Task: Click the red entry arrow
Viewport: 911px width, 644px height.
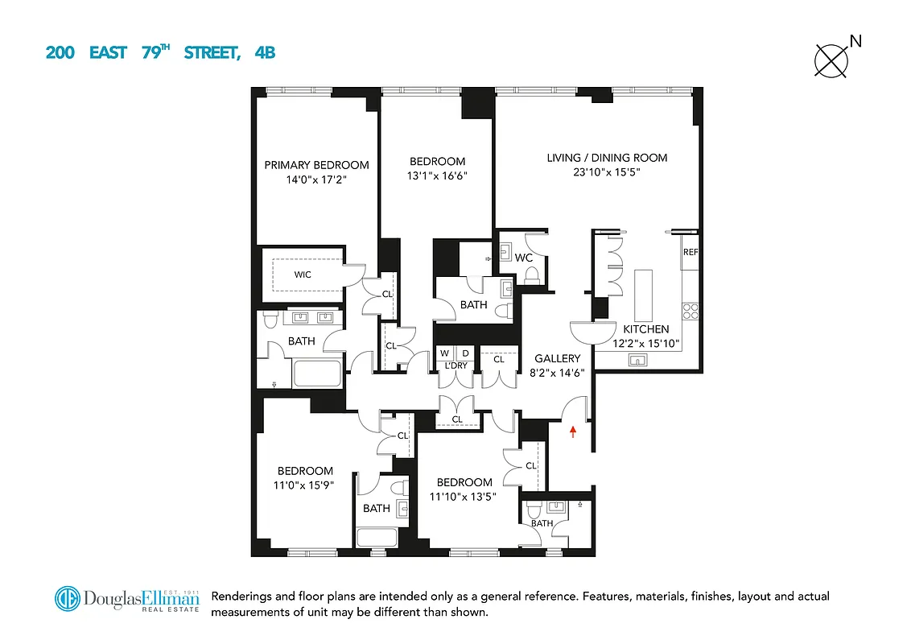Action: (x=572, y=432)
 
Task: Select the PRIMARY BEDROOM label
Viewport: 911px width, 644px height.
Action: (x=316, y=165)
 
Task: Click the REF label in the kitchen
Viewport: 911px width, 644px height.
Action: (x=690, y=252)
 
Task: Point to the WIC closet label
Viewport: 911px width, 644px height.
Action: (x=303, y=275)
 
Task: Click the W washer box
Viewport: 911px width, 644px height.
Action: (x=444, y=353)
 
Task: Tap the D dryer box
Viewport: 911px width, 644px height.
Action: (x=464, y=353)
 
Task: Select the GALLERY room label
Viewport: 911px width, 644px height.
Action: (x=557, y=358)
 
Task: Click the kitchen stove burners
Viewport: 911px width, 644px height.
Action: (x=690, y=310)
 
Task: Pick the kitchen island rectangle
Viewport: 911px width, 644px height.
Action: (x=643, y=295)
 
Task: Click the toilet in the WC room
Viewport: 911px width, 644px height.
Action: (x=532, y=275)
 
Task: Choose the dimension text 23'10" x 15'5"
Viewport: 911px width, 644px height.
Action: (x=607, y=172)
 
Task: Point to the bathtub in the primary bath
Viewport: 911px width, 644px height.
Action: (x=317, y=374)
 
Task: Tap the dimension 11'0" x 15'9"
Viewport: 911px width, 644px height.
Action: (x=305, y=485)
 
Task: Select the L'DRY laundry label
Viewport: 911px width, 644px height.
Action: (x=456, y=366)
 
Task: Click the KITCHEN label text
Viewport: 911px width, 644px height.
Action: (x=645, y=329)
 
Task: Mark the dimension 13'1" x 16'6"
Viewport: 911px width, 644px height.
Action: (x=437, y=175)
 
